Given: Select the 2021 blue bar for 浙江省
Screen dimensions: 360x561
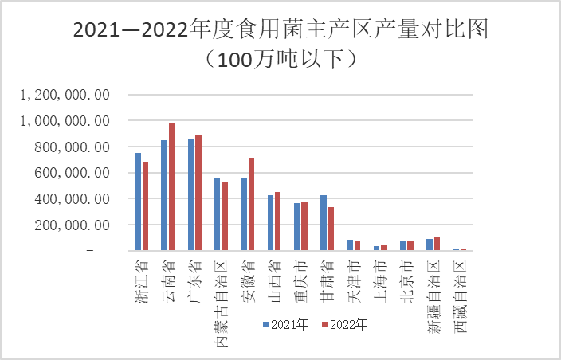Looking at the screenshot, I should coord(138,202).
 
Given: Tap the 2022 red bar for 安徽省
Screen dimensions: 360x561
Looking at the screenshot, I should coord(251,204).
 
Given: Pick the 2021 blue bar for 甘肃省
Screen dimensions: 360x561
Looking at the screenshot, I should coord(324,222).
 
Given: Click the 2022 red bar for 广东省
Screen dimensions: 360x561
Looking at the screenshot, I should coord(198,192).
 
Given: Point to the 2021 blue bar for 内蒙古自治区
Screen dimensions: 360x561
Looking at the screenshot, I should coord(218,214).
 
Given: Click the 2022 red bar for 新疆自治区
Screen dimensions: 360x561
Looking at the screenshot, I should coord(437,244).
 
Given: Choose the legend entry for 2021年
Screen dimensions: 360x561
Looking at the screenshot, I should coord(285,324).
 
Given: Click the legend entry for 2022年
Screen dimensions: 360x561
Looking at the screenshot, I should coord(343,324).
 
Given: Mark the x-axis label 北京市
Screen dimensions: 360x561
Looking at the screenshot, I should coord(406,272).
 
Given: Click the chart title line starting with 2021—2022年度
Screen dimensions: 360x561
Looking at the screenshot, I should coord(280,31).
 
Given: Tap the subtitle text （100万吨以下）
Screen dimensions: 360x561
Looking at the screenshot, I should coord(280,60).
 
